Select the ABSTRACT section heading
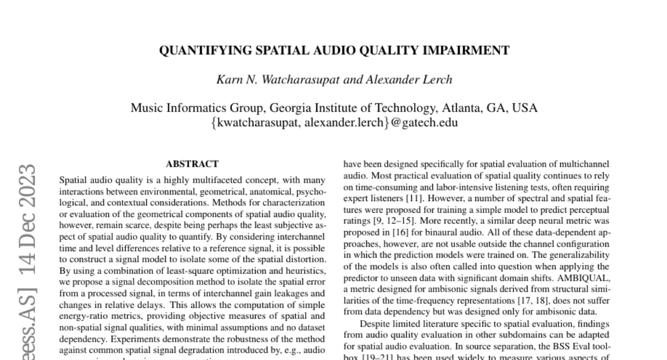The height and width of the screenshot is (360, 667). [192, 164]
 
